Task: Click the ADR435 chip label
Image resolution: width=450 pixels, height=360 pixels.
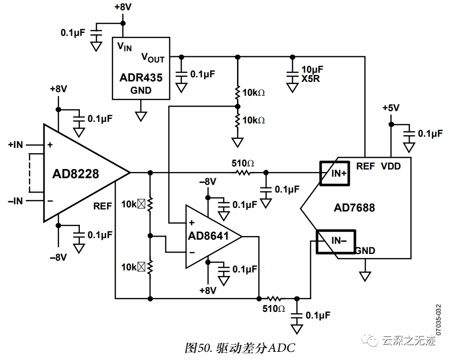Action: click(141, 78)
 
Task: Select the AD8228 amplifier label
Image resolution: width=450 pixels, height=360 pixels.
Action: click(75, 174)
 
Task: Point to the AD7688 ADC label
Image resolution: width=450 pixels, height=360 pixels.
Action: click(354, 208)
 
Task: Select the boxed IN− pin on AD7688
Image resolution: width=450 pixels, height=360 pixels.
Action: click(335, 241)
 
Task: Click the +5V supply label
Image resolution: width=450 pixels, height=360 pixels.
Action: click(391, 108)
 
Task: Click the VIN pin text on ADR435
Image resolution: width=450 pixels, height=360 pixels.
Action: click(124, 47)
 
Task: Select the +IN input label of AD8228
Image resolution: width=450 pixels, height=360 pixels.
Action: click(15, 145)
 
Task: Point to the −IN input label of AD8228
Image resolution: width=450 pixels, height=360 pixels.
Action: click(15, 201)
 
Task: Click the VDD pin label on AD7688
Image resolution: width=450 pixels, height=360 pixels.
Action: click(391, 166)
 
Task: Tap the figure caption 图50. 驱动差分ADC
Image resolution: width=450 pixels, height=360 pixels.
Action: click(240, 348)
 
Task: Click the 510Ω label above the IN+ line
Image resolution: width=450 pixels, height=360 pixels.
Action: click(243, 163)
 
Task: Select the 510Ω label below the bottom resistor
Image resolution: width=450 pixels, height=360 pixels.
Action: click(273, 309)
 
